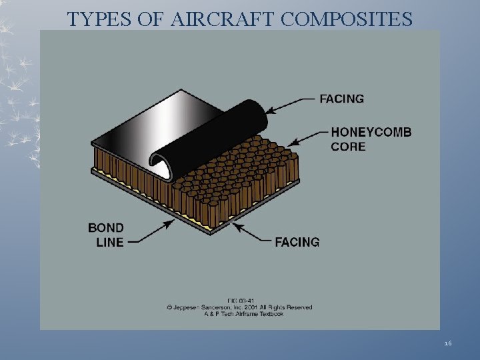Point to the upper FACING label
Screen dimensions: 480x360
coord(341,99)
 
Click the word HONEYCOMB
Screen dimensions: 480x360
coord(371,132)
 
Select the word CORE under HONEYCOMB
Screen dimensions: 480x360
coord(348,146)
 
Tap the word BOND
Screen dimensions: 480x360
coord(105,228)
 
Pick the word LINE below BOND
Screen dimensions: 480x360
coord(110,242)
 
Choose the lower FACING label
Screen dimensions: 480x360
coord(297,241)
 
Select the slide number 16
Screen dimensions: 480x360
coord(447,343)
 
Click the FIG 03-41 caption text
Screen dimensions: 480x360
coord(239,301)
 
